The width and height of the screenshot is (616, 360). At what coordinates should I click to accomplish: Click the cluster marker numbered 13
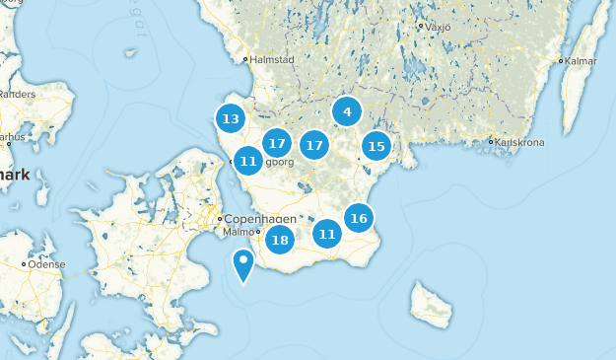click(231, 119)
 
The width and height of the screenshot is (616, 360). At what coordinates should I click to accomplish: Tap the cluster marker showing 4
click(347, 112)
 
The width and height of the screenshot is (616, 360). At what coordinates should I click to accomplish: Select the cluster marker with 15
click(376, 147)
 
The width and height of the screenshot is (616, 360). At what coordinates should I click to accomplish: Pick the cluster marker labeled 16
click(359, 218)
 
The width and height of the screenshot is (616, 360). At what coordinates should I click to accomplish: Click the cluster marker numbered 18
click(280, 240)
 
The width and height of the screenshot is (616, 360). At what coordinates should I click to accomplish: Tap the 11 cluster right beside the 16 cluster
click(327, 234)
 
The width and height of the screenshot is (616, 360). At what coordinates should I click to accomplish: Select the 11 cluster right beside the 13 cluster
click(247, 160)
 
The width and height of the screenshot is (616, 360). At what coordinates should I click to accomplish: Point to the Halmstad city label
click(273, 59)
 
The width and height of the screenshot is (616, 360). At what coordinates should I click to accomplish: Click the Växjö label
click(438, 27)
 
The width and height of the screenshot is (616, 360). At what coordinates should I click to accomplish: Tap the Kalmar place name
click(582, 61)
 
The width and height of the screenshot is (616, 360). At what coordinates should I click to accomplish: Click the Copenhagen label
click(260, 218)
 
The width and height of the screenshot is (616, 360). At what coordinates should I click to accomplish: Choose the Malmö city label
click(239, 233)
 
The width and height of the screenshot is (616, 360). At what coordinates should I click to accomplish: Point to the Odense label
click(46, 264)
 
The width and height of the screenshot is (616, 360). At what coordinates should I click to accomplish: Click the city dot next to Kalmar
click(561, 61)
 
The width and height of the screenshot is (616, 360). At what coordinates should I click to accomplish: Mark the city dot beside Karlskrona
click(490, 141)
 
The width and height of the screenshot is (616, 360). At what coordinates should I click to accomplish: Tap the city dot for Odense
click(24, 264)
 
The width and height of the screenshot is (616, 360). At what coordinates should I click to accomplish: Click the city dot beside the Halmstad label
click(246, 59)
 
